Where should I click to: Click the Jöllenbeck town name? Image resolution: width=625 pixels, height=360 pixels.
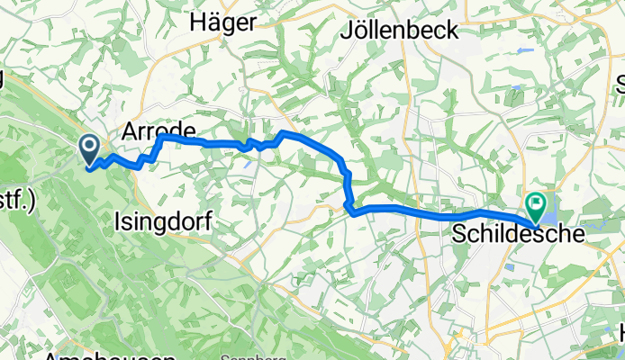400,30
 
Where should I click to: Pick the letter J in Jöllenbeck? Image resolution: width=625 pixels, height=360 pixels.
348,31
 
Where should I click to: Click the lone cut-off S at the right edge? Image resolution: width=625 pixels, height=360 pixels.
620,85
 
